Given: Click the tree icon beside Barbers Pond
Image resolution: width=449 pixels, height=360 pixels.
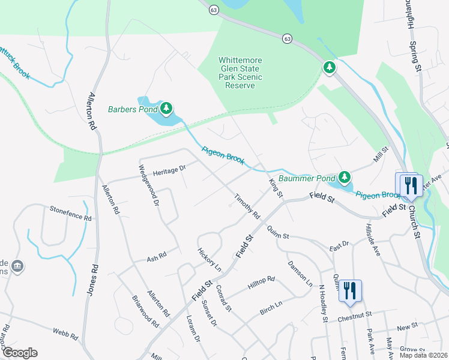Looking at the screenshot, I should click(166, 109).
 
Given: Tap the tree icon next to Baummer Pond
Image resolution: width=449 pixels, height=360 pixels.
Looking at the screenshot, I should click(344, 177).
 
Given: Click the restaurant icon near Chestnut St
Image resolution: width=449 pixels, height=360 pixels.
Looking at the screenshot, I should click(351, 290).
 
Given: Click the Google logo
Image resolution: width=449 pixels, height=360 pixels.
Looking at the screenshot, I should click(20, 353).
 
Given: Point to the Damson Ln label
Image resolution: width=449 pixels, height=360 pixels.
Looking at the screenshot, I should click(300, 273).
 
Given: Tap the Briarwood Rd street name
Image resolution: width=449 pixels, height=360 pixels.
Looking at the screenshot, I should click(146, 311).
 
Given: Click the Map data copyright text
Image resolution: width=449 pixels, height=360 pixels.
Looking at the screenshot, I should click(423, 355).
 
